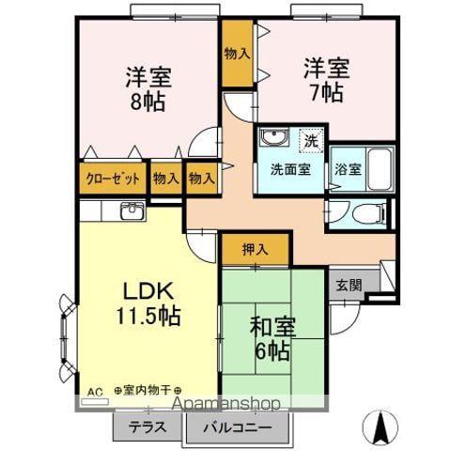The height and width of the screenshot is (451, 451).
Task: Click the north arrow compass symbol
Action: pos(381,428)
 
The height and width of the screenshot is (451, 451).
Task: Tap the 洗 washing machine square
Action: pos(311,141)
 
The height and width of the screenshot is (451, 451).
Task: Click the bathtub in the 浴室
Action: pos(380,169)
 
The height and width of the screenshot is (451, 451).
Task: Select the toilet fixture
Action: pos(370,214)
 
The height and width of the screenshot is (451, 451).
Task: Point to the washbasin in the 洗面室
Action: pos(274,137)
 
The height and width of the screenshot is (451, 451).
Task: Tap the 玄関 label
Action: pos(349,286)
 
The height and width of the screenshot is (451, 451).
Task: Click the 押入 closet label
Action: pos(256,249)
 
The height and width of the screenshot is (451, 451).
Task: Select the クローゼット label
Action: pos(113,179)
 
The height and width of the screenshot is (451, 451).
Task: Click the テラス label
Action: pos(148,427)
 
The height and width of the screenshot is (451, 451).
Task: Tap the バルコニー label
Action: pos(238,428)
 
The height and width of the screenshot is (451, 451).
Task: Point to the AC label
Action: pos(95,392)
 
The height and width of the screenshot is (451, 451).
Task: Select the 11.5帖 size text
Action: pos(148,316)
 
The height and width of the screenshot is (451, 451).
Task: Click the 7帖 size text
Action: pos(326,92)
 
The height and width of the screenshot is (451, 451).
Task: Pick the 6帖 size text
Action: pos(272,351)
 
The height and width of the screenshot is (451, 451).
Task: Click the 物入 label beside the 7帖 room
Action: pos(237,54)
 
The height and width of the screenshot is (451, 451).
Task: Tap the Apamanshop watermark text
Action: pos(226,403)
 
